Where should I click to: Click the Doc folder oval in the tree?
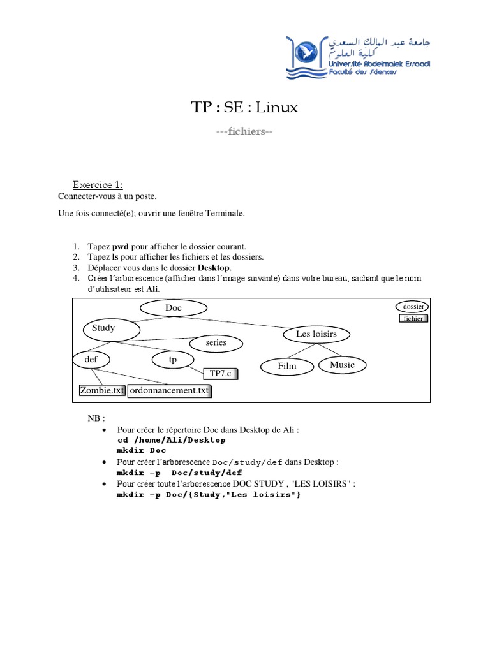click(x=174, y=308)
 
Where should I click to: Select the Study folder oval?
click(x=111, y=330)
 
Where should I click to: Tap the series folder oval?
click(x=216, y=343)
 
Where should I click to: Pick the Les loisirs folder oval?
click(x=316, y=334)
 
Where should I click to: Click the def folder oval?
click(x=91, y=360)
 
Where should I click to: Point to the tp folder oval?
click(x=173, y=360)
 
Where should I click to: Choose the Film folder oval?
click(x=287, y=367)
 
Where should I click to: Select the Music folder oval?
click(x=342, y=365)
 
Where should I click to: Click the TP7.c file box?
click(x=220, y=374)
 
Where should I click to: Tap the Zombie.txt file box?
click(x=102, y=391)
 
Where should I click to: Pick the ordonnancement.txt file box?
click(x=169, y=391)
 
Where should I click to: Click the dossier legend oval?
click(x=412, y=307)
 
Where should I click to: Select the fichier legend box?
click(x=413, y=319)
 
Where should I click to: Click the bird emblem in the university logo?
click(x=306, y=52)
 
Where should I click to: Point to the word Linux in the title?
click(x=277, y=107)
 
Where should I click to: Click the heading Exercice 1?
click(x=98, y=185)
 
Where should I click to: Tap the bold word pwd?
click(x=121, y=247)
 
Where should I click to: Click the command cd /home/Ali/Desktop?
click(x=171, y=440)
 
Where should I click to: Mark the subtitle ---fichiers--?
click(x=244, y=131)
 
